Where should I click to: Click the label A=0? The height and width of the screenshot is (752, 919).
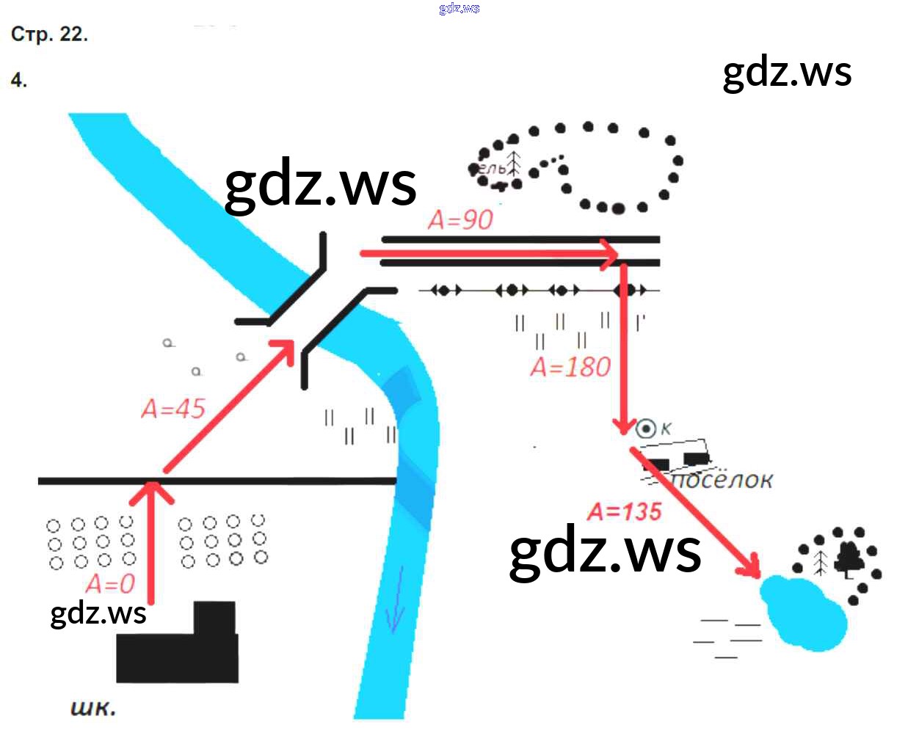point(110,584)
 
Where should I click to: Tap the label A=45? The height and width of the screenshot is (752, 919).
point(173,409)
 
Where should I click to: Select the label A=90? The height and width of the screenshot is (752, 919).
point(460,219)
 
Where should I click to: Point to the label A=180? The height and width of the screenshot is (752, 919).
point(570,367)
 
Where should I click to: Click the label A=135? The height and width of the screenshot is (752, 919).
point(625,511)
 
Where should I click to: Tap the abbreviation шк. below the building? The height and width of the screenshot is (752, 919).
point(93,708)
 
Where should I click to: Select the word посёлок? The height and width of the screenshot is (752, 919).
point(722,481)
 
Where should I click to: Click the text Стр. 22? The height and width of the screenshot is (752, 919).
point(49,34)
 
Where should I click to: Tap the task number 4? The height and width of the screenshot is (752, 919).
point(19,80)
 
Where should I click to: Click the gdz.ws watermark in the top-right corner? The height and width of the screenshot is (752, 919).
point(787,73)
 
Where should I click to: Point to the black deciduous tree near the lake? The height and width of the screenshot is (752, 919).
point(850,559)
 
